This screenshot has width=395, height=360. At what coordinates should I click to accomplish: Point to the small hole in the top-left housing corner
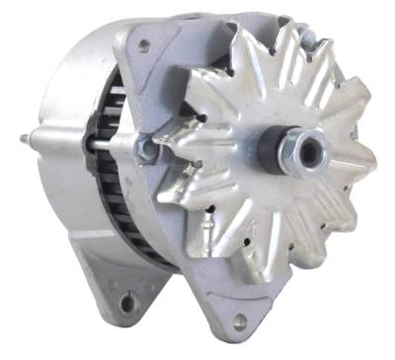pyautogui.click(x=144, y=44)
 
